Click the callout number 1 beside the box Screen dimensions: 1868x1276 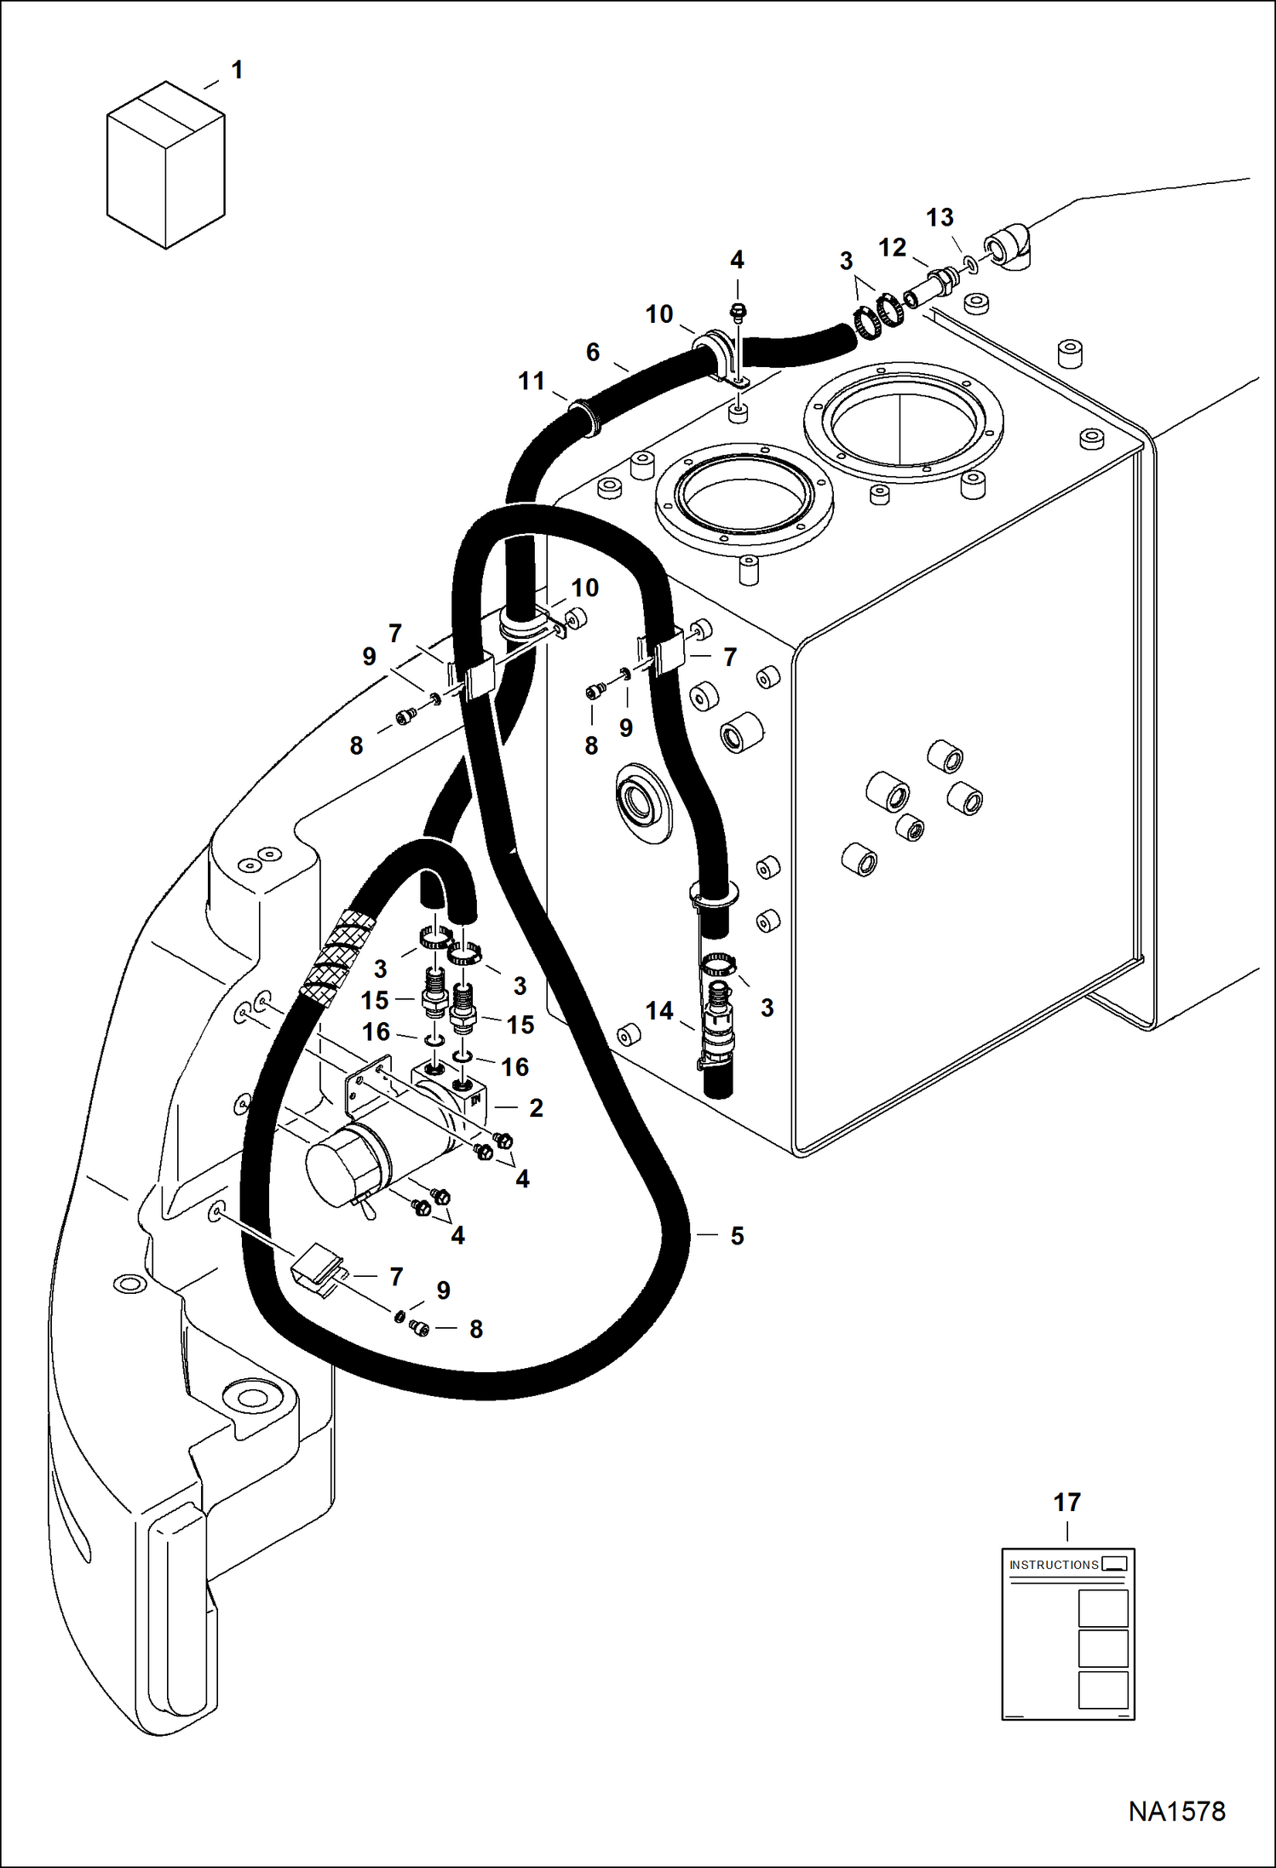point(237,70)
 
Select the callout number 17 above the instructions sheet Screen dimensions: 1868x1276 point(1066,1502)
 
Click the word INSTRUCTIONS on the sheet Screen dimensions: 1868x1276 point(1054,1565)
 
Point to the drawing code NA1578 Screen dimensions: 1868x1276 point(1176,1810)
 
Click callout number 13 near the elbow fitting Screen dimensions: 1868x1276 point(940,217)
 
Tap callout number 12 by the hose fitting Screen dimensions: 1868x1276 point(892,247)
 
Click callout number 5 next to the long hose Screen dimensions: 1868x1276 point(737,1235)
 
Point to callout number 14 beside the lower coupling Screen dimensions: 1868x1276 point(658,1011)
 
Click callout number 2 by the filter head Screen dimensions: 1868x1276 point(536,1107)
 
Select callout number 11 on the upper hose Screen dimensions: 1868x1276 point(532,381)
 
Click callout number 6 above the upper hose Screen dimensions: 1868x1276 point(593,352)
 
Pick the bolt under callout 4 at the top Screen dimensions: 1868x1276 point(739,313)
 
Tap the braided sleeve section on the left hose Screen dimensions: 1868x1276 point(340,958)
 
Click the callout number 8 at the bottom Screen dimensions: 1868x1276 point(476,1329)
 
